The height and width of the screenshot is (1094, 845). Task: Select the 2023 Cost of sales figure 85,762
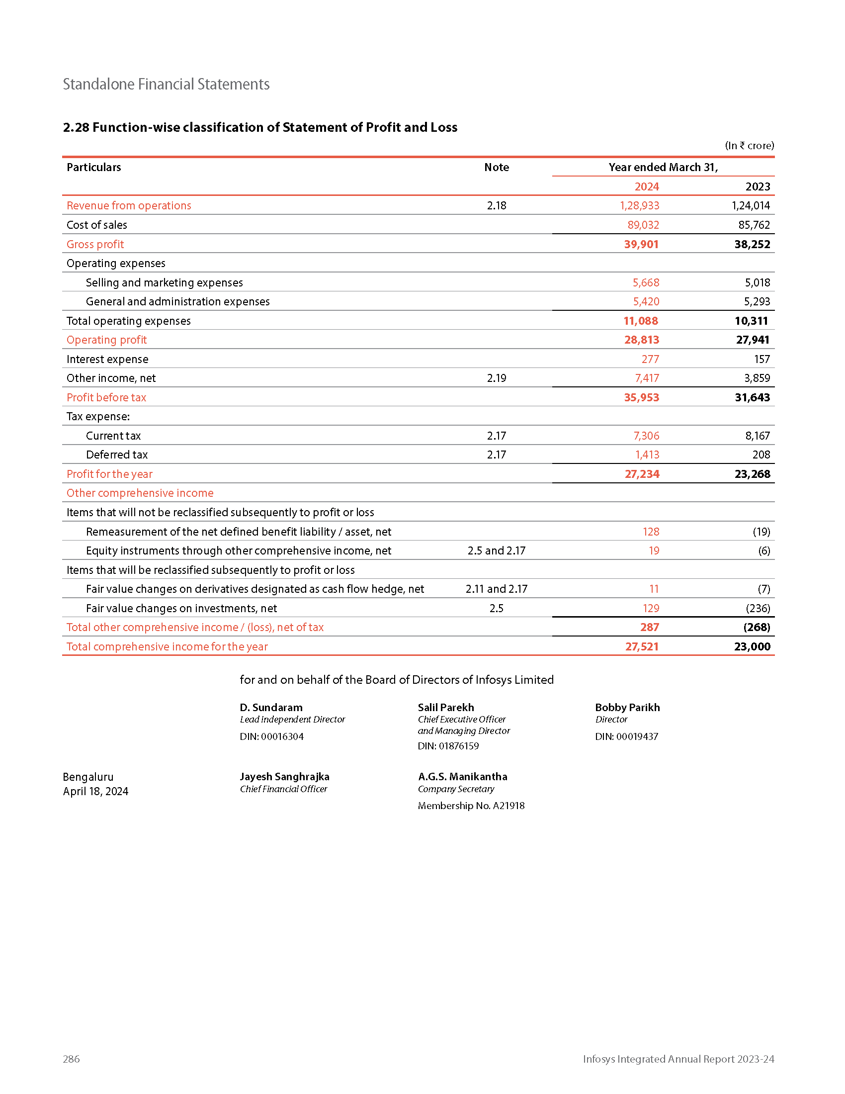point(754,225)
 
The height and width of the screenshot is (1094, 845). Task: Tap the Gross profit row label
point(95,245)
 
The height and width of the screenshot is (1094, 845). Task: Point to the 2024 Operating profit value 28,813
point(641,340)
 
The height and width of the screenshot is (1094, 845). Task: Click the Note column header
point(496,167)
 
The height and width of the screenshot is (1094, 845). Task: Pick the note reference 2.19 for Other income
point(496,378)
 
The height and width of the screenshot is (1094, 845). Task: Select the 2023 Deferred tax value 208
point(761,455)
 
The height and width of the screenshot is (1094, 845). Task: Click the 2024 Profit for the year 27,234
point(642,474)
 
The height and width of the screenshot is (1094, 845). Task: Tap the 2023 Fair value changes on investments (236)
point(758,608)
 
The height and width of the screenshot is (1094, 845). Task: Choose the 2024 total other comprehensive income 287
point(649,627)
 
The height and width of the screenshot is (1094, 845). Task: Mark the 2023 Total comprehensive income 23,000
point(752,646)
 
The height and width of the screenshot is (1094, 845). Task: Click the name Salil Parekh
point(445,707)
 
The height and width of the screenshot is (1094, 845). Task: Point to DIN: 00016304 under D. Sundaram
point(272,736)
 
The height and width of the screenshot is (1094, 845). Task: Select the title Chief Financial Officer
point(283,789)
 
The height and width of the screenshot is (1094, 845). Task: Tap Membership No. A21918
point(471,806)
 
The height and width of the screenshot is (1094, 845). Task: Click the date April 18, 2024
point(95,792)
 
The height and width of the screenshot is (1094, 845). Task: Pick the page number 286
point(71,1059)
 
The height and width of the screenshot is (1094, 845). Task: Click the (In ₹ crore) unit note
point(750,146)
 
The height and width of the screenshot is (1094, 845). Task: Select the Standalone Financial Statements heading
point(166,84)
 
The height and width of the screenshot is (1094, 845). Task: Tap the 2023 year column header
point(758,187)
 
